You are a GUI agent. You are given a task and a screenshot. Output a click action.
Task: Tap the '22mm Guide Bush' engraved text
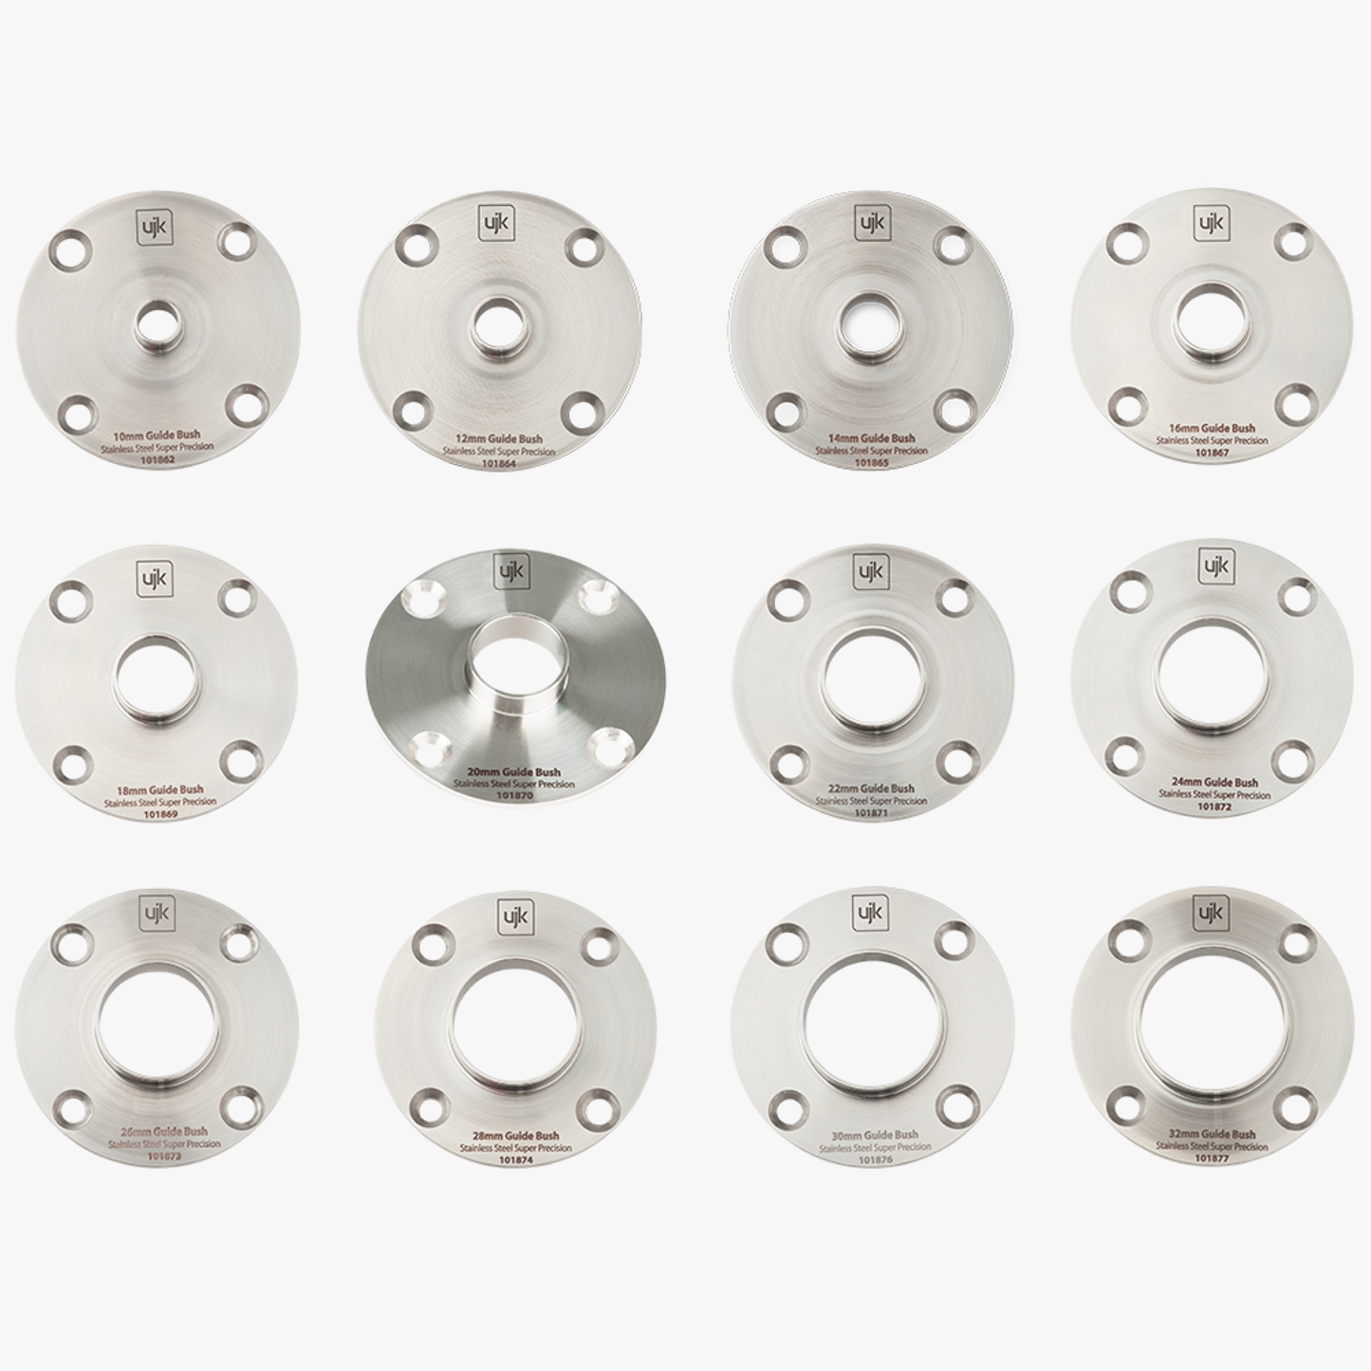871,788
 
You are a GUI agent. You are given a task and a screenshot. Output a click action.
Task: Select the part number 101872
1214,806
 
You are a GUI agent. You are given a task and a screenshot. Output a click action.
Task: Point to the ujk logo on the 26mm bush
156,912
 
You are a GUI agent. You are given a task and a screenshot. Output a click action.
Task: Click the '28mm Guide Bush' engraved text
515,1136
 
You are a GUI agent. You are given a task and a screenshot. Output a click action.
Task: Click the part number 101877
1213,1158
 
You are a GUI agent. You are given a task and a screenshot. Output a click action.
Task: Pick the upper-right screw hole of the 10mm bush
236,241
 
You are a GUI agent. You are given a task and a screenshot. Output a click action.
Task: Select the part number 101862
157,460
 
